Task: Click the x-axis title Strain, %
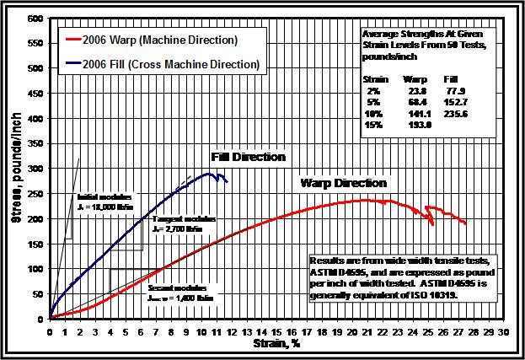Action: (273, 344)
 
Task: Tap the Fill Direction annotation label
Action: (248, 157)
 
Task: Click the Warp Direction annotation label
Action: (344, 183)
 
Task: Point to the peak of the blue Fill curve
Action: (208, 174)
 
